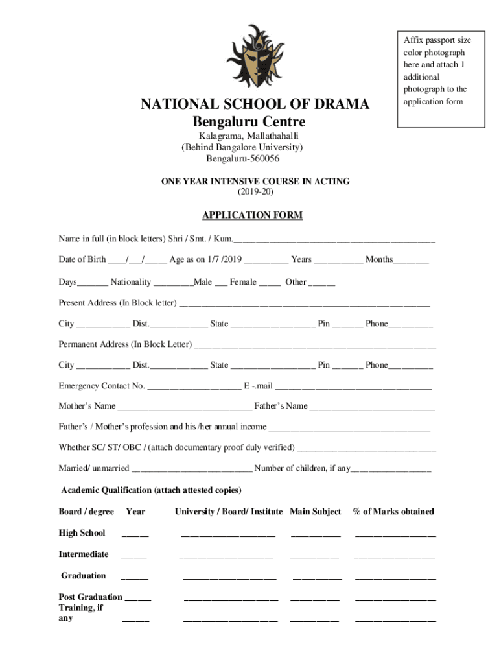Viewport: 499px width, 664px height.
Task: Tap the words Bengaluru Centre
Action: point(249,123)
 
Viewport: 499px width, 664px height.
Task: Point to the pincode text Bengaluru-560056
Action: point(243,158)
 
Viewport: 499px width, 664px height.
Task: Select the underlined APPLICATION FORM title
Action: point(252,215)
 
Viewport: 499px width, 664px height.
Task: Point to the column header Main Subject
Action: point(316,512)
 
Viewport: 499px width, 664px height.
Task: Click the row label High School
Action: point(82,533)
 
